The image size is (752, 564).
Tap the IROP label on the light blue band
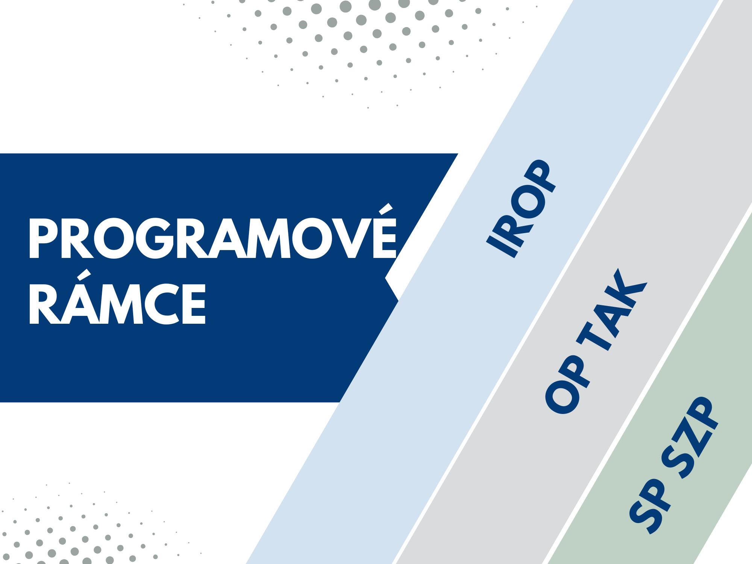coord(522,209)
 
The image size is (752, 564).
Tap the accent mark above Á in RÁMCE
coord(84,274)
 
